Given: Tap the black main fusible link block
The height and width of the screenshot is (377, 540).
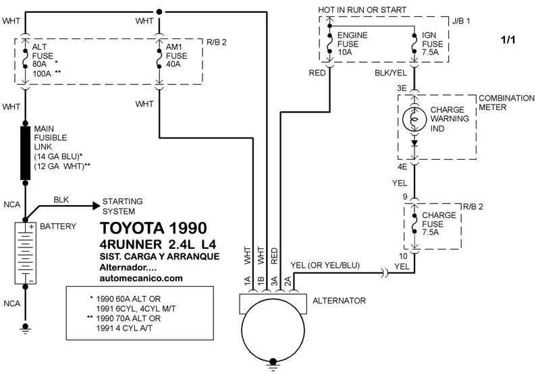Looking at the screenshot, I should point(25,152).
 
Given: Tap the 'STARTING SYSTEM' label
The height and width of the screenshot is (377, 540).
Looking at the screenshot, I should point(122,206).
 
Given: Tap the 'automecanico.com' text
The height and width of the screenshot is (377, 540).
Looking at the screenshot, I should point(141,277).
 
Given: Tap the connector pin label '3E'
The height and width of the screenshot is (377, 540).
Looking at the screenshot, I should point(403,88).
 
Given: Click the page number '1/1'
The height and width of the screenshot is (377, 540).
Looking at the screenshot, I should point(508,41).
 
